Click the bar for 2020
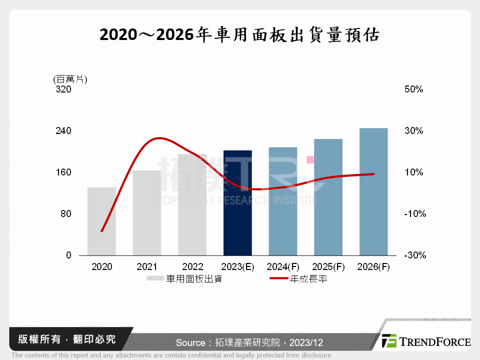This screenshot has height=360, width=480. [101, 221]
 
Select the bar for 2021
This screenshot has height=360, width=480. [147, 213]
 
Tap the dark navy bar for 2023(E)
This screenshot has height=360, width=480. [237, 203]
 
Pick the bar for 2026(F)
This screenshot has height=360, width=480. [373, 192]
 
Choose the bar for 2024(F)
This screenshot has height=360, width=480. [283, 201]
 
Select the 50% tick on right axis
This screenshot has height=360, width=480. [413, 89]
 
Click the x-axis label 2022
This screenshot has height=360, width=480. [192, 267]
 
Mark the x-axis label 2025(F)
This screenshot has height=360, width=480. [328, 267]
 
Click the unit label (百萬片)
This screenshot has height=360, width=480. [70, 79]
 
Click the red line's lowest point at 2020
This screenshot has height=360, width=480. [101, 231]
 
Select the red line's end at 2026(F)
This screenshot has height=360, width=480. [373, 174]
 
